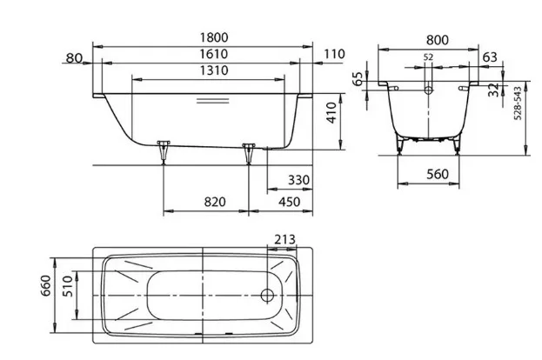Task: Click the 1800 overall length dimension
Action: tap(214, 37)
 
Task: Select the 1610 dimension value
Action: tap(214, 54)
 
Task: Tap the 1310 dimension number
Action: tap(214, 70)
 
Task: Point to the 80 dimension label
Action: tap(74, 58)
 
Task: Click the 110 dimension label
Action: tap(335, 54)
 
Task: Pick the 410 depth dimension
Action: tap(331, 113)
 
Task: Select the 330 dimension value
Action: tap(299, 180)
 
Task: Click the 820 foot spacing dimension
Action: tap(215, 202)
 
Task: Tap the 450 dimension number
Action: tap(290, 202)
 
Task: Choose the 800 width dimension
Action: tap(438, 40)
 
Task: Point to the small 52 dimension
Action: tap(428, 57)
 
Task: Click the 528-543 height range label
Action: tap(518, 103)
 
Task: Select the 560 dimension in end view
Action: tap(438, 174)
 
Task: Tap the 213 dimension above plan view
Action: tap(285, 239)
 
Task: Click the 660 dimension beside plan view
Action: tap(45, 286)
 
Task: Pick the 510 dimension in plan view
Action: tap(68, 286)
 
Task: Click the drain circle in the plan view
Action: tap(267, 296)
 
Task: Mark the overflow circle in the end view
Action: tap(428, 90)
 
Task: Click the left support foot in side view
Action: tap(164, 151)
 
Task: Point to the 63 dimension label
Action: tap(490, 57)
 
